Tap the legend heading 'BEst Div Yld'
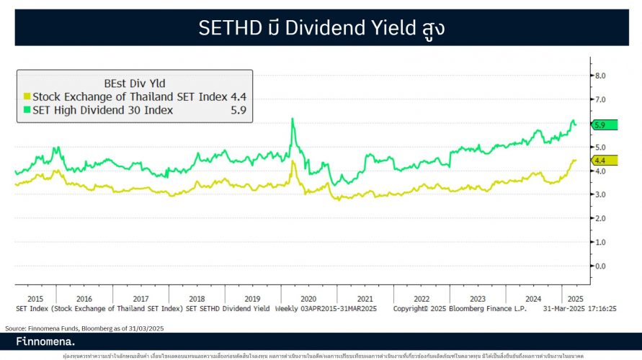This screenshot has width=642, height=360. (134, 84)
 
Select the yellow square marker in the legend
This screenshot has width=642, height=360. (27, 96)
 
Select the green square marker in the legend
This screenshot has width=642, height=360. (27, 110)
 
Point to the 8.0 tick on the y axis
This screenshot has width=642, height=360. (599, 76)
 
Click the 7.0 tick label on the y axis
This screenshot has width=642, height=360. (599, 99)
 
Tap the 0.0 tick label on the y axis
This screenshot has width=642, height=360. (599, 266)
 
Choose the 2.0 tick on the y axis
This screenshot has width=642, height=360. (599, 218)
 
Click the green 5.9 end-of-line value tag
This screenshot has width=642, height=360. (601, 125)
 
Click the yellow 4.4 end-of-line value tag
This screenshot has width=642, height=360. (601, 160)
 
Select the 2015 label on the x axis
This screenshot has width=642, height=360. (35, 298)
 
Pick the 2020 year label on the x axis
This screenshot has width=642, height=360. (308, 298)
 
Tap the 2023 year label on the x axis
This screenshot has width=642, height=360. (477, 298)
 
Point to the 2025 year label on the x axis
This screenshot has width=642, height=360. (574, 298)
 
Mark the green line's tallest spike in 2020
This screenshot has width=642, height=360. (292, 120)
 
